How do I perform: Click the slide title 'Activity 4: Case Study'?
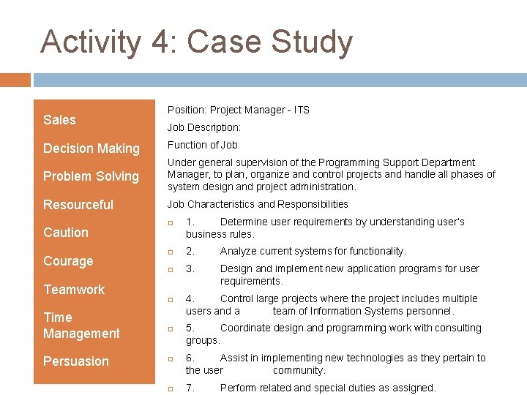pyautogui.click(x=196, y=42)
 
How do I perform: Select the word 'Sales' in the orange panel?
pyautogui.click(x=59, y=120)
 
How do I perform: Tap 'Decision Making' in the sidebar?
pyautogui.click(x=91, y=148)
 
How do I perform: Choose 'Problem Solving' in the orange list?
pyautogui.click(x=91, y=176)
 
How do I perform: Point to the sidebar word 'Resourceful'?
pyautogui.click(x=78, y=205)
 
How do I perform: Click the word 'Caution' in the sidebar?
pyautogui.click(x=66, y=233)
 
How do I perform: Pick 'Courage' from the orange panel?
pyautogui.click(x=68, y=261)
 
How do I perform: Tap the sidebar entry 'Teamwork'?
pyautogui.click(x=74, y=290)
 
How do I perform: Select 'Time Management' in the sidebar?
pyautogui.click(x=81, y=326)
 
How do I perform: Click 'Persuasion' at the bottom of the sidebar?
pyautogui.click(x=75, y=361)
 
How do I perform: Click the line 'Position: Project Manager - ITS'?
pyautogui.click(x=238, y=110)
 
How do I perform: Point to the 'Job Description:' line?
pyautogui.click(x=203, y=127)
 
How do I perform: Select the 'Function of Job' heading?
pyautogui.click(x=202, y=145)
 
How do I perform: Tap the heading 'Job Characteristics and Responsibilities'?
pyautogui.click(x=258, y=204)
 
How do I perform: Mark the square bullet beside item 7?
pyautogui.click(x=170, y=389)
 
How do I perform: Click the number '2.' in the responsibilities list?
pyautogui.click(x=190, y=251)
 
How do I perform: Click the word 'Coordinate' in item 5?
pyautogui.click(x=245, y=328)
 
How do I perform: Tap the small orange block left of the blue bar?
pyautogui.click(x=15, y=80)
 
